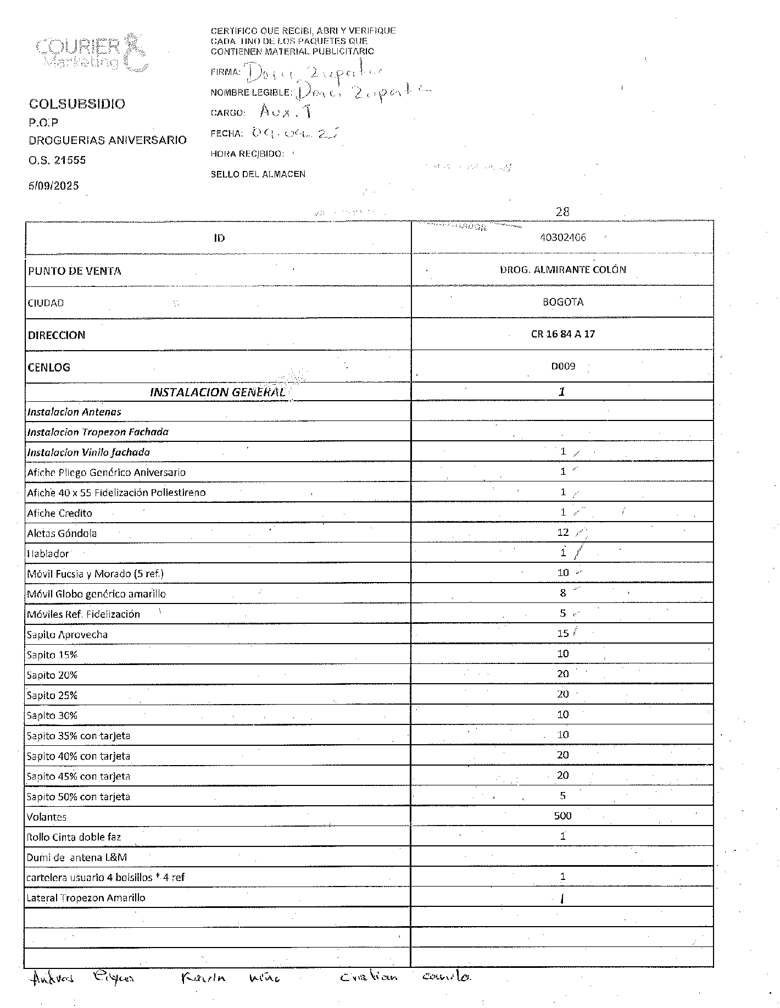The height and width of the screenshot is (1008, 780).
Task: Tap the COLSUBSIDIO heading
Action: (77, 104)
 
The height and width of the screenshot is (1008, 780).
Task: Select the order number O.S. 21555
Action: (57, 160)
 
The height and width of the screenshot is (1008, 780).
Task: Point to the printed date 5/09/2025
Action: (54, 186)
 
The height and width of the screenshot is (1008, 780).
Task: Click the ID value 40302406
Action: (562, 237)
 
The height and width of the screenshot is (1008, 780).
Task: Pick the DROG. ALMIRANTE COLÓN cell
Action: (562, 270)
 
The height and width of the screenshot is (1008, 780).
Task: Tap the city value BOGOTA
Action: (562, 302)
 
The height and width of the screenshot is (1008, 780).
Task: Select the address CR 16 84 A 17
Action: (562, 334)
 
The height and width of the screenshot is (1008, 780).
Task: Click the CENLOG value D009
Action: (562, 366)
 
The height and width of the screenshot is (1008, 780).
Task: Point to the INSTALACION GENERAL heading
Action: (218, 392)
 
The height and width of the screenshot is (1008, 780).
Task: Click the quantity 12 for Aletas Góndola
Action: (562, 532)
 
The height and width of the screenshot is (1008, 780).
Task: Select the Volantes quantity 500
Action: (562, 816)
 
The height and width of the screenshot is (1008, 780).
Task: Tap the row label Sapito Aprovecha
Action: (67, 635)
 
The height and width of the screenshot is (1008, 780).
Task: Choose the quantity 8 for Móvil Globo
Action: (562, 593)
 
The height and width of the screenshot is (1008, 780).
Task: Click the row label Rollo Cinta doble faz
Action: (74, 838)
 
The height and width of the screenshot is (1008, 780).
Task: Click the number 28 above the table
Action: (562, 212)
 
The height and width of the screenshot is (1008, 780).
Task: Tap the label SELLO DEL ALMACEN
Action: (258, 174)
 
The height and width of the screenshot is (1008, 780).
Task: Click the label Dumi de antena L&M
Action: (77, 857)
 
